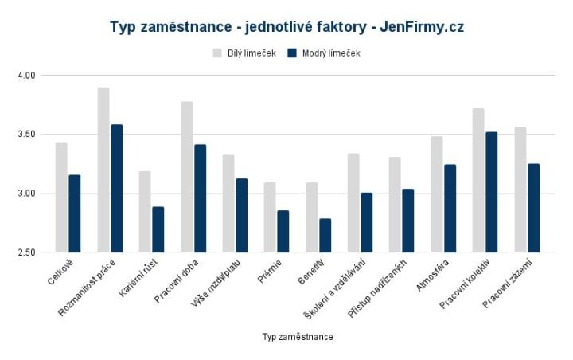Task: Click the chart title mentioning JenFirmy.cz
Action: pos(286,27)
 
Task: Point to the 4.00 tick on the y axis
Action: pos(28,75)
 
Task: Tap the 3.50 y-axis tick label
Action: pos(28,134)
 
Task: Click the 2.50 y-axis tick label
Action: pos(28,252)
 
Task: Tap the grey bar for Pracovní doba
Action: pos(187,177)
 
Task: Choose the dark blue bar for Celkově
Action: pos(75,213)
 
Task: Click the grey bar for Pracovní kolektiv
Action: pos(478,180)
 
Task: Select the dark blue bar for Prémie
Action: pos(283,231)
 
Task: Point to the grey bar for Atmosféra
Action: pos(437,194)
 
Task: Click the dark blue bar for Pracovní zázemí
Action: pos(533,208)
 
